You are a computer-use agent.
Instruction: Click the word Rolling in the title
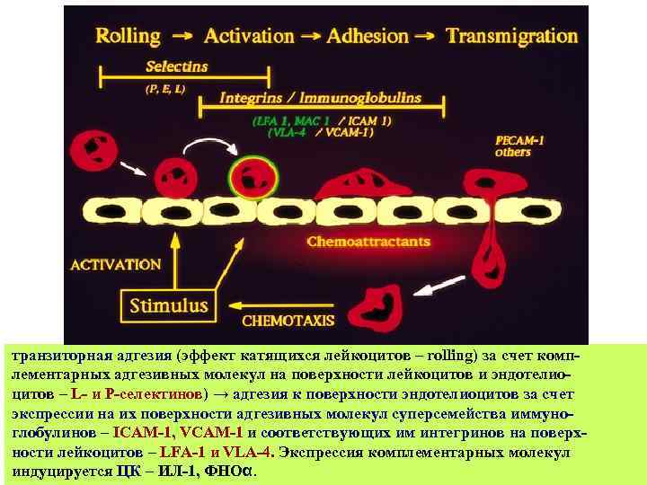coord(128,37)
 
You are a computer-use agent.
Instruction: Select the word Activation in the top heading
coord(249,37)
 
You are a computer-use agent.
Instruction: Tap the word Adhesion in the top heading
coord(368,37)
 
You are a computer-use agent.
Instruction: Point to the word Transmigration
coord(511,37)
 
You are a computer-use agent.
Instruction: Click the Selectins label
coord(177,66)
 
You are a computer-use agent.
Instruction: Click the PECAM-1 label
coord(519,140)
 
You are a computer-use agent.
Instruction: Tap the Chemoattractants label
coord(368,242)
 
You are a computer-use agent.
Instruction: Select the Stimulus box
coord(169,305)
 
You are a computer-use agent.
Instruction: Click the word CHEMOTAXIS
coord(288,321)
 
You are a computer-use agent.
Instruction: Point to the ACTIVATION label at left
coord(116,265)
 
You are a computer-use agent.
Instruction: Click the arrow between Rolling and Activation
coord(182,37)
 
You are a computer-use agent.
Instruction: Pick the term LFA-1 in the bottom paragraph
coord(184,453)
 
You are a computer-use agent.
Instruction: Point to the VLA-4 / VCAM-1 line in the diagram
coord(320,131)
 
